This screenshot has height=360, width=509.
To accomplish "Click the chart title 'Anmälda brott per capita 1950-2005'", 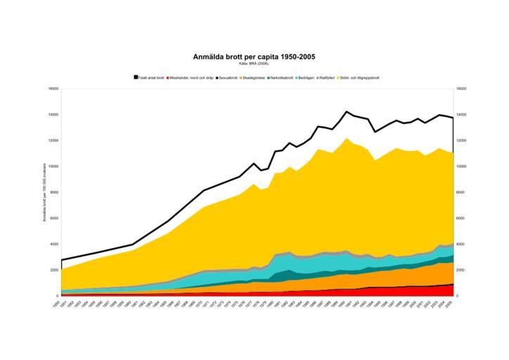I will pos(254,56).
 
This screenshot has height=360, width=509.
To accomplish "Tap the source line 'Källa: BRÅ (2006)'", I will pos(254,63).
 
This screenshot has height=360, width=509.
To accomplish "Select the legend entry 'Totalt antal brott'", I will pos(150,77).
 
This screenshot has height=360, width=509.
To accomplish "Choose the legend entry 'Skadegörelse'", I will pos(255,77).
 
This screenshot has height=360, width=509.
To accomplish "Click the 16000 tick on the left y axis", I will pos(53,89).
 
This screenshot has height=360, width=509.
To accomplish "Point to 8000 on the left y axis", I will pos(55,193).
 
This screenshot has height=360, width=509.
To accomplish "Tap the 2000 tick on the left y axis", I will pos(55,270).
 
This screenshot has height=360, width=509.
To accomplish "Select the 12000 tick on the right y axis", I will pos(463,141).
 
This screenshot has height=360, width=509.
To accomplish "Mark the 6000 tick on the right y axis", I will pos(461,218).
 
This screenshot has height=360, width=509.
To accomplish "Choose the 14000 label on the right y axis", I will pos(463,115).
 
